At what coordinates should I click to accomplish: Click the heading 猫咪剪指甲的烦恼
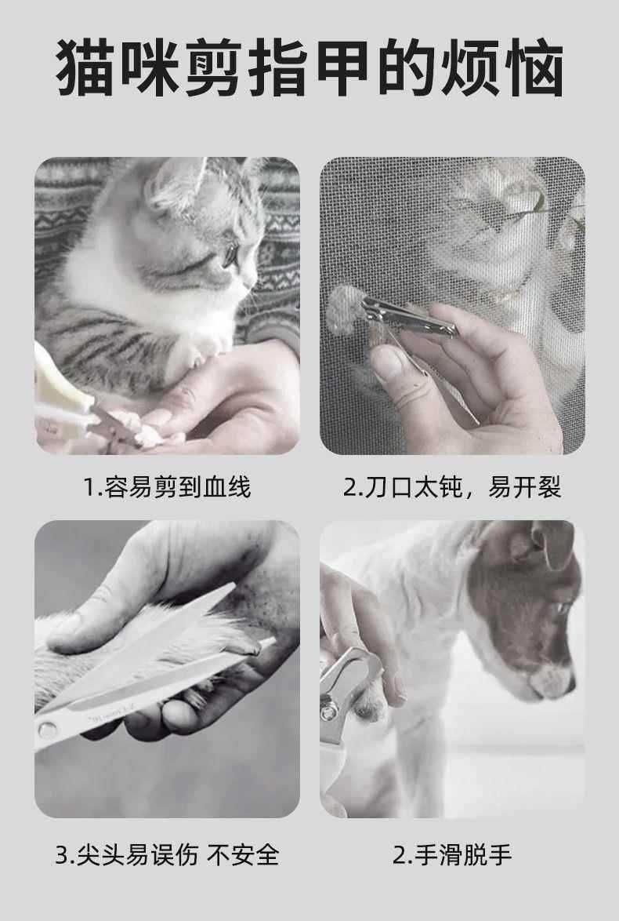[309, 67]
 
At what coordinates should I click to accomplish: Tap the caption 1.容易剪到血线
[167, 487]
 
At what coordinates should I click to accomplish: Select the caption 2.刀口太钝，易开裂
[452, 487]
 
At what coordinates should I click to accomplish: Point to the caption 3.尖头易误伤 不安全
[167, 855]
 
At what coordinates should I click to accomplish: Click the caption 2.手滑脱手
[452, 855]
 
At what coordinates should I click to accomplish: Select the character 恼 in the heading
[533, 67]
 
